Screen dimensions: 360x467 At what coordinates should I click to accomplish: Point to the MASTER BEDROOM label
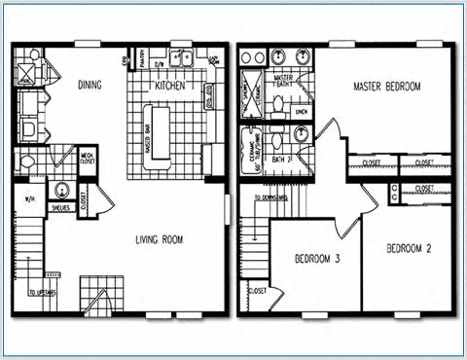[x=386, y=87]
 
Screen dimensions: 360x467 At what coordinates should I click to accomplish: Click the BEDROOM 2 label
[x=409, y=249]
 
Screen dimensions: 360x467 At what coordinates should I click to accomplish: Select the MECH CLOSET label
[x=87, y=159]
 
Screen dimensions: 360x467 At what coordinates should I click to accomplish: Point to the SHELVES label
[x=60, y=206]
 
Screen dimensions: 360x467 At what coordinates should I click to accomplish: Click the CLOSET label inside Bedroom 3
[x=258, y=291]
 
